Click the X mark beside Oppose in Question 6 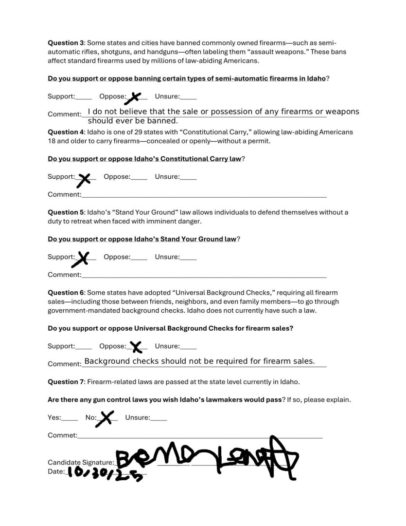tap(136, 347)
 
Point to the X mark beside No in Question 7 tap(106, 418)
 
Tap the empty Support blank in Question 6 tap(84, 347)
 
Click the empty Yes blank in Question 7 tap(70, 418)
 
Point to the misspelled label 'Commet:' tap(62, 435)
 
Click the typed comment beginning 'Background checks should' tap(199, 361)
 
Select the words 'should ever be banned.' tap(133, 121)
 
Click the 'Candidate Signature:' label tap(81, 462)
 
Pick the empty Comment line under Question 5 tap(204, 276)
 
